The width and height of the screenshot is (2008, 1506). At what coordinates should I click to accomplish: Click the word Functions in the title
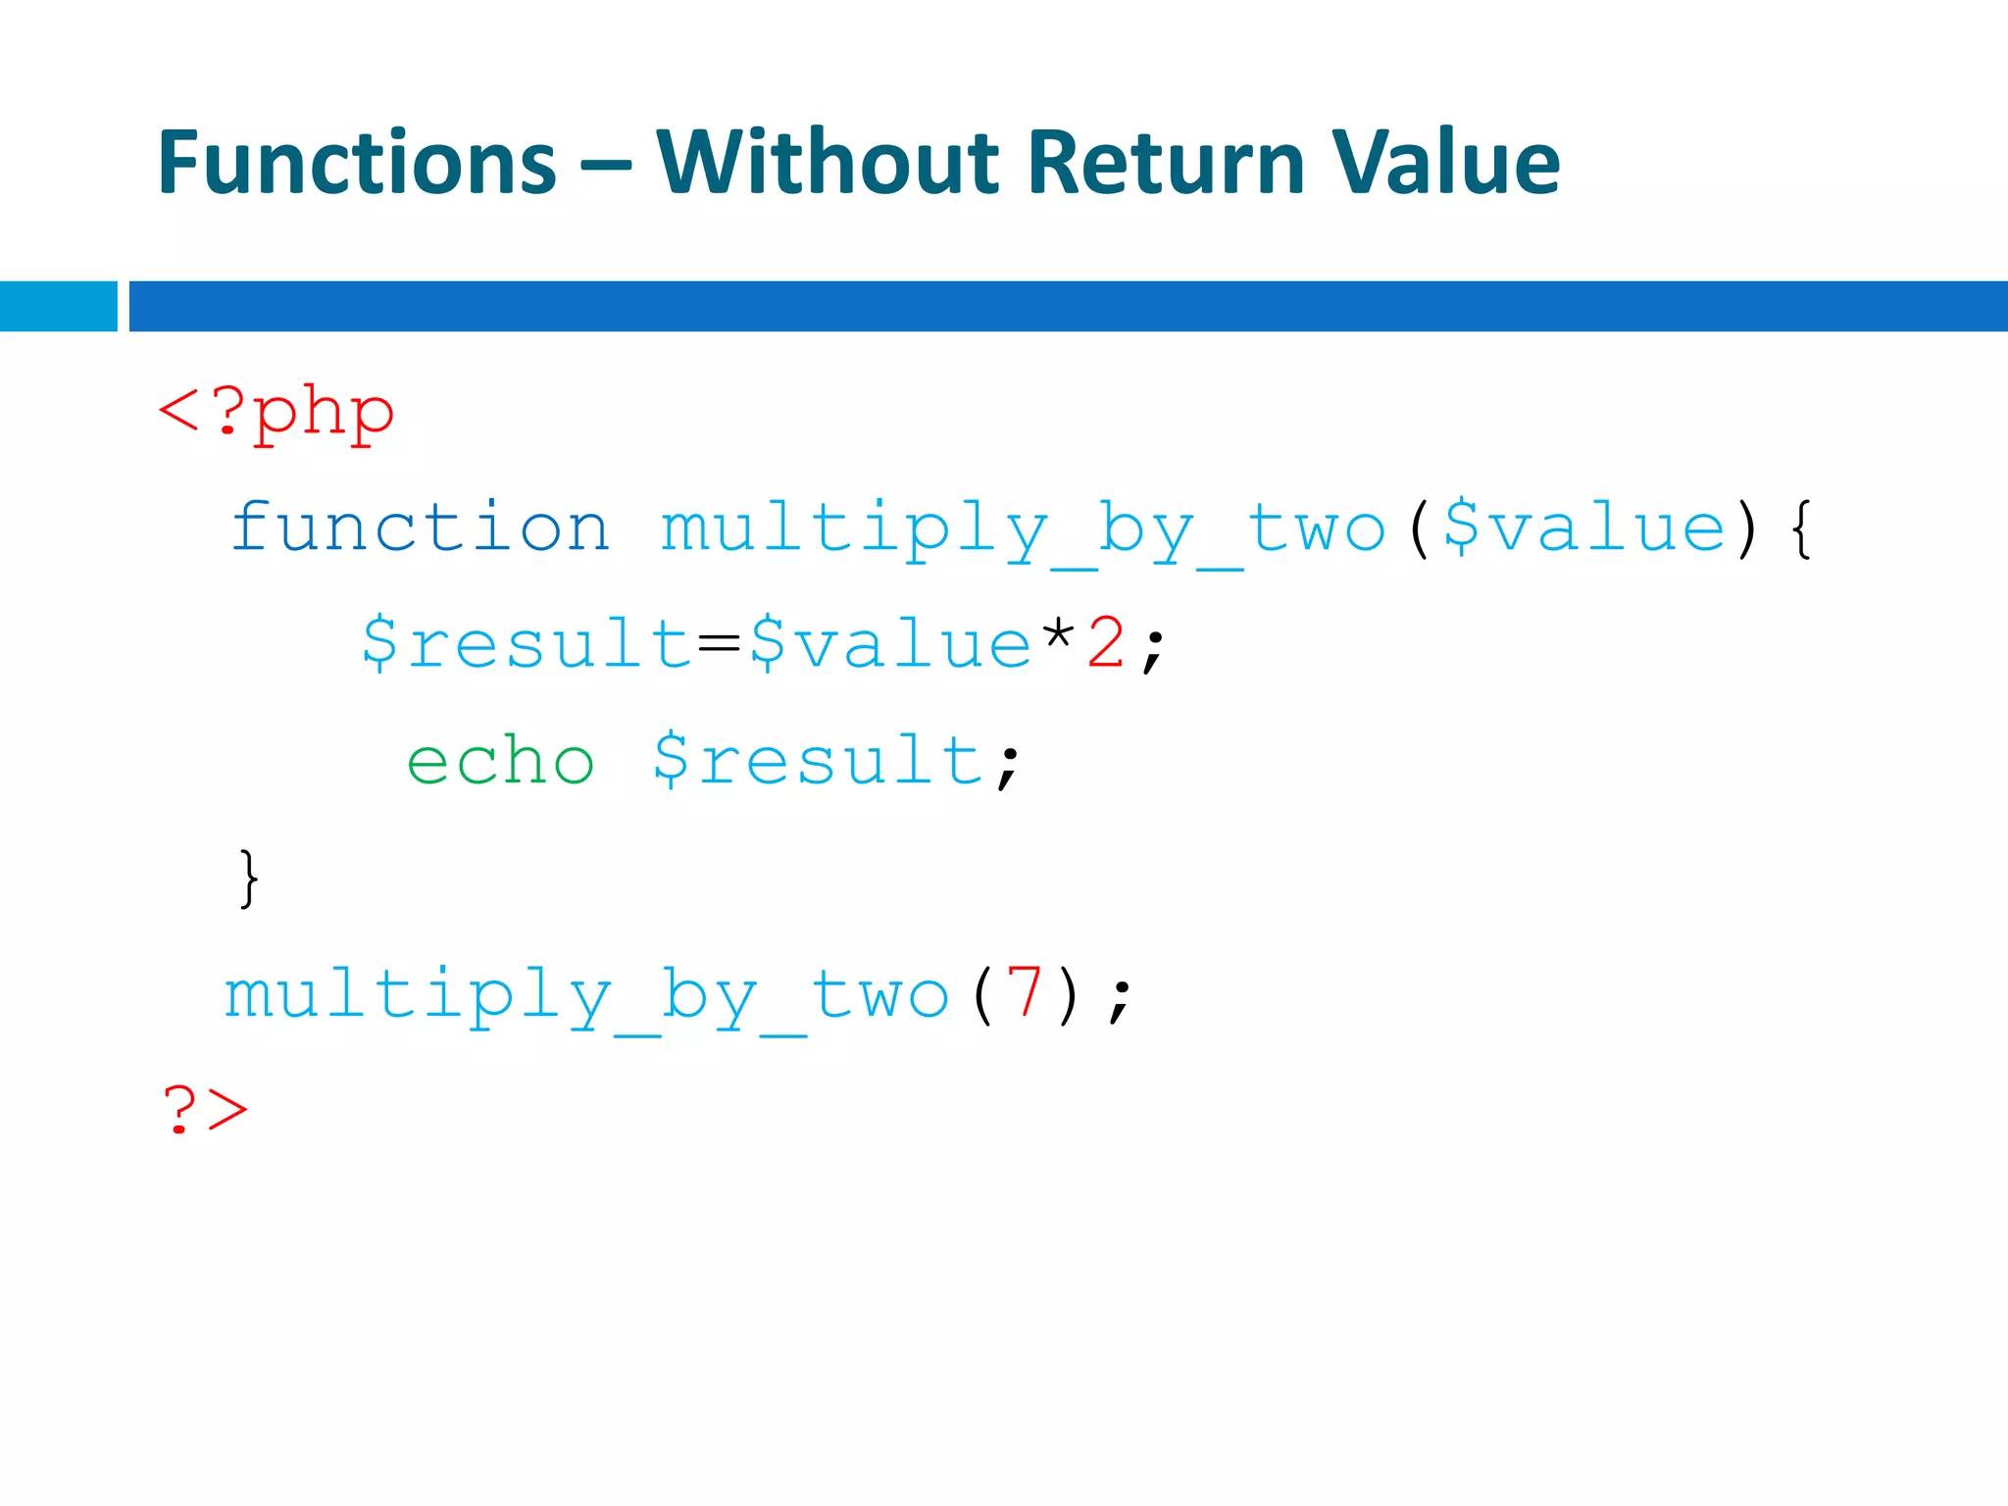pos(356,163)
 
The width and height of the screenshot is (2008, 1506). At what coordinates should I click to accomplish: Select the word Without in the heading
pos(826,163)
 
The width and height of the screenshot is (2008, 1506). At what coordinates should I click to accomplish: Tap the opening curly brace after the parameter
pos(1800,529)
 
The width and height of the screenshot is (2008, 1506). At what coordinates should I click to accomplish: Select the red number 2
pos(1106,644)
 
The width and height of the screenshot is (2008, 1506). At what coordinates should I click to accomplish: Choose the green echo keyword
pos(500,762)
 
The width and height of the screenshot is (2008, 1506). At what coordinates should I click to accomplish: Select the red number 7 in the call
pos(1024,994)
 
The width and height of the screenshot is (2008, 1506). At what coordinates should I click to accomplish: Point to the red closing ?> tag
pos(205,1111)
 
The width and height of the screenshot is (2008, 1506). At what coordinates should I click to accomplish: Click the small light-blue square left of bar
pos(58,306)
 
